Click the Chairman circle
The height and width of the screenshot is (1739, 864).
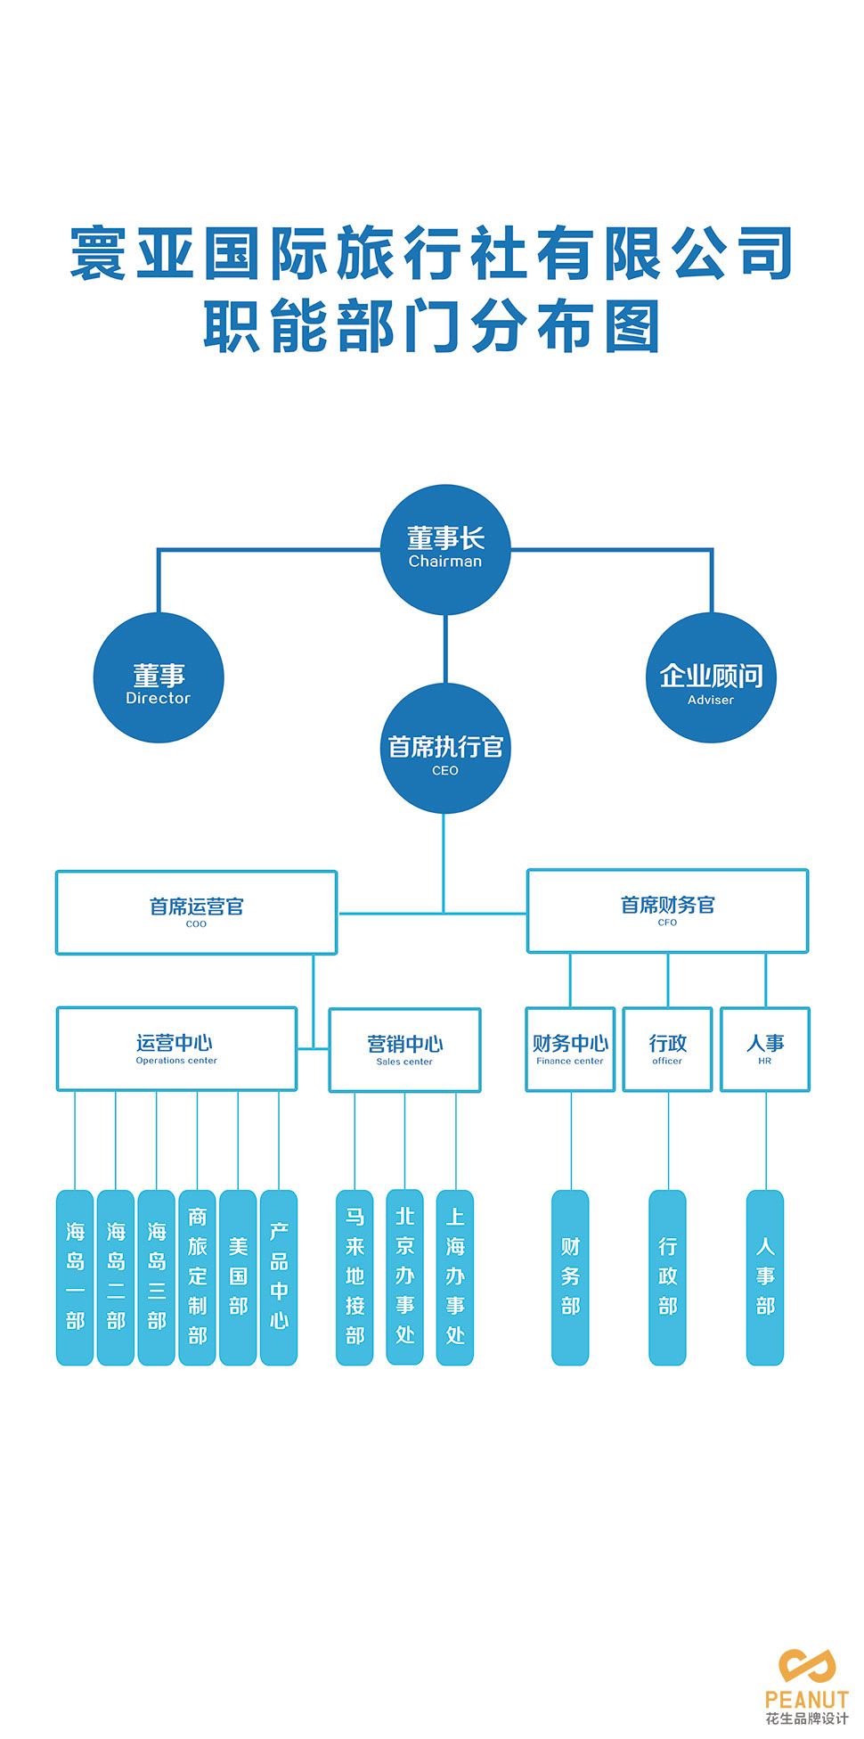[445, 549]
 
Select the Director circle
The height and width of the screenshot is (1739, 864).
[159, 677]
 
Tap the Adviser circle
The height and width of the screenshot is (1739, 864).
[711, 677]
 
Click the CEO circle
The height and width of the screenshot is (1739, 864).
[445, 749]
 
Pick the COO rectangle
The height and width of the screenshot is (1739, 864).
[196, 913]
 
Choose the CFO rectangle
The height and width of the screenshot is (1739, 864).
[667, 911]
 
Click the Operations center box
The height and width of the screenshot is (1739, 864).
[176, 1048]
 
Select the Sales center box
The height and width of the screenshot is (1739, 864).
[404, 1050]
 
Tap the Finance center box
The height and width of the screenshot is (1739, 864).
[570, 1049]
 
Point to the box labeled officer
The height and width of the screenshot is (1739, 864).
[667, 1049]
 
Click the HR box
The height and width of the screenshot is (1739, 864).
[765, 1049]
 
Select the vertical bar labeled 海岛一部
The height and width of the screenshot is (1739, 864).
[75, 1276]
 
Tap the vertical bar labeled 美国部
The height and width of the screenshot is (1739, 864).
[238, 1276]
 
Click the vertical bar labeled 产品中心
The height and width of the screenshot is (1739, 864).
[279, 1276]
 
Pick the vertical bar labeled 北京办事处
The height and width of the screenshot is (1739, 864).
[404, 1276]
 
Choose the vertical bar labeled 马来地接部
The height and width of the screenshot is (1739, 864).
[355, 1276]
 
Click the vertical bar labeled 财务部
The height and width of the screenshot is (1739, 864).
[570, 1276]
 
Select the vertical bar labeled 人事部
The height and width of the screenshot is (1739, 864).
[765, 1276]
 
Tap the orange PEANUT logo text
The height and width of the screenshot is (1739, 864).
[807, 1699]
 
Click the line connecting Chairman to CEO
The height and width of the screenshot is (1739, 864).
[445, 649]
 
